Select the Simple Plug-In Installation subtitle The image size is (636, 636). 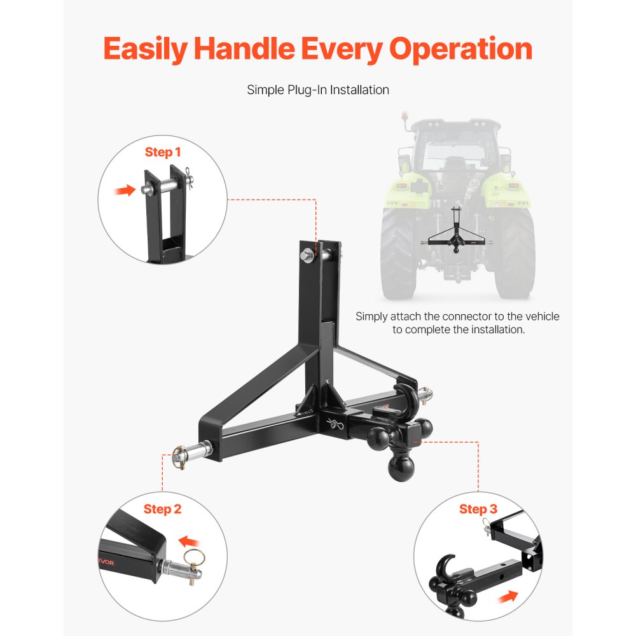(318, 90)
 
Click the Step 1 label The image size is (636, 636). (163, 152)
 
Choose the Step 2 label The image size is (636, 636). (162, 509)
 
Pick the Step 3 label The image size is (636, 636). (478, 509)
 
